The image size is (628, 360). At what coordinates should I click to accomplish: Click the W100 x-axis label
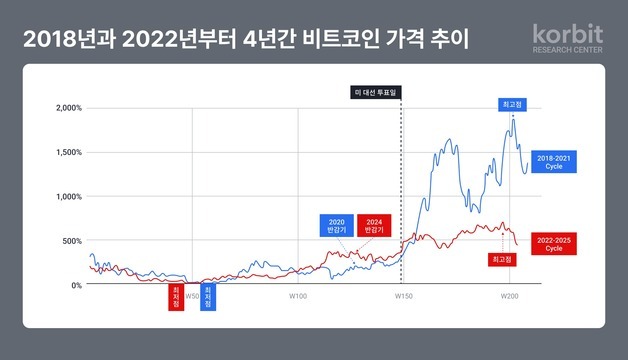[x=297, y=296]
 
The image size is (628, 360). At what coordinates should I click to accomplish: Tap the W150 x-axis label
[x=402, y=296]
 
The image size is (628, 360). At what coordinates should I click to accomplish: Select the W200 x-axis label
[x=507, y=296]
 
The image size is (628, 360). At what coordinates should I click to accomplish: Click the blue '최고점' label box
[x=512, y=104]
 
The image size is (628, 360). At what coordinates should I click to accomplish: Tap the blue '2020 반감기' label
[x=336, y=226]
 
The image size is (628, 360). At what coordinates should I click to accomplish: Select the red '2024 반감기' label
[x=373, y=226]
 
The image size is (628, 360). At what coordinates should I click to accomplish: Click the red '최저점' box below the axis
[x=176, y=299]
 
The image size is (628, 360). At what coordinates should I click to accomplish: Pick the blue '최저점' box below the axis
[x=208, y=299]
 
